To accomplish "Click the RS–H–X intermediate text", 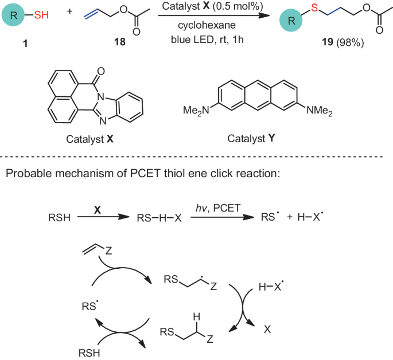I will (x=155, y=218).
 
